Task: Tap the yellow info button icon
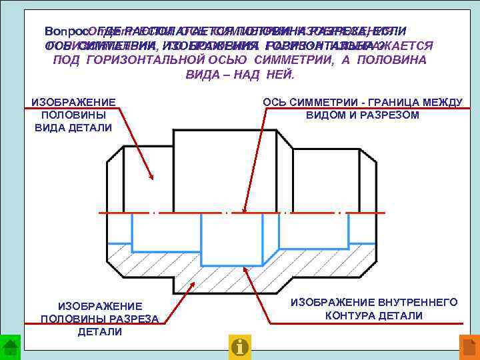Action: (x=239, y=346)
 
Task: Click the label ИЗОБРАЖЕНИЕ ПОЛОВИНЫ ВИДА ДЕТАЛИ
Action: (x=74, y=115)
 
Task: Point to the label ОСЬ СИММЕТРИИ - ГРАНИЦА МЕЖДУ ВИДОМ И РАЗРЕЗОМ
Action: (x=363, y=108)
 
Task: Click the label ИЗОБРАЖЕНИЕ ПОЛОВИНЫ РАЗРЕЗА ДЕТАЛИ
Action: (x=100, y=319)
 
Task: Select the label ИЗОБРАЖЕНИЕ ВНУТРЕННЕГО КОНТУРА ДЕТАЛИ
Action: (x=374, y=309)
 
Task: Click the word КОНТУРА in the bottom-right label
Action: (x=356, y=315)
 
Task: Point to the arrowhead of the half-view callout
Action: (x=153, y=178)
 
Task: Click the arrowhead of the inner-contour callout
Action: (x=245, y=268)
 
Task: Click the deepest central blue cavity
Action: (x=226, y=239)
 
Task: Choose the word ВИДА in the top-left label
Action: (x=50, y=127)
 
